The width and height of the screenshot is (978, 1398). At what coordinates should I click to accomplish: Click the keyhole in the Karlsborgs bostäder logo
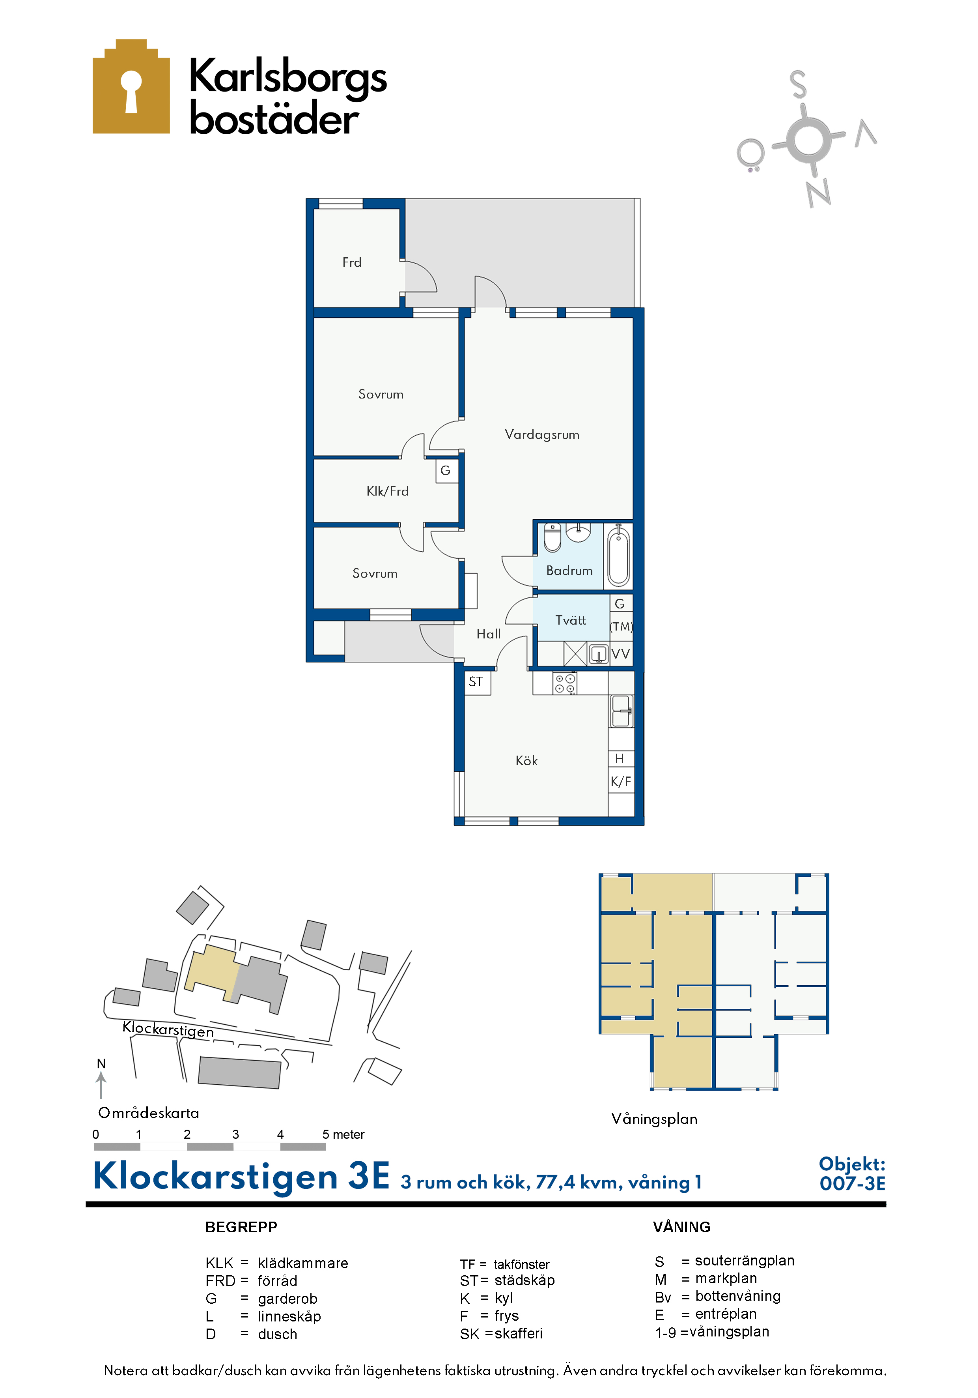(131, 91)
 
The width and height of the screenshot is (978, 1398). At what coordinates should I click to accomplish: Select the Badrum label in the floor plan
(569, 571)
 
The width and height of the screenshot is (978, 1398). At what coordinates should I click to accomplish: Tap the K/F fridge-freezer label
(621, 781)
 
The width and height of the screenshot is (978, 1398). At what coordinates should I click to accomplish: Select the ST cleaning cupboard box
(478, 682)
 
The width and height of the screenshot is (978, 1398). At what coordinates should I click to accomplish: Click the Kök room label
(526, 760)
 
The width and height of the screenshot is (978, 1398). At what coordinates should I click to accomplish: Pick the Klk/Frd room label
(387, 491)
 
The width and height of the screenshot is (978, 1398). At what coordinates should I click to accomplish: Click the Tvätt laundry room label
(570, 620)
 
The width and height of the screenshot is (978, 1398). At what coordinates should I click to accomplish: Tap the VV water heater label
(621, 654)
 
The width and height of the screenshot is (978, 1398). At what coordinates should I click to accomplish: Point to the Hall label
(488, 634)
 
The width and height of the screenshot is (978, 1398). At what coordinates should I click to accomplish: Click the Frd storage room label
(352, 262)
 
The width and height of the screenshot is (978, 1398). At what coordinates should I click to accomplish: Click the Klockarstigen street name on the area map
(168, 1029)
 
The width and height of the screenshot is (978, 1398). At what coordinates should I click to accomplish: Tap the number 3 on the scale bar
(235, 1134)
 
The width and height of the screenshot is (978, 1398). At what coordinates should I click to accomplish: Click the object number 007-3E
(852, 1183)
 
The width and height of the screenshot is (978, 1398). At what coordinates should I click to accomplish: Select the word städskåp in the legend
(524, 1280)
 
